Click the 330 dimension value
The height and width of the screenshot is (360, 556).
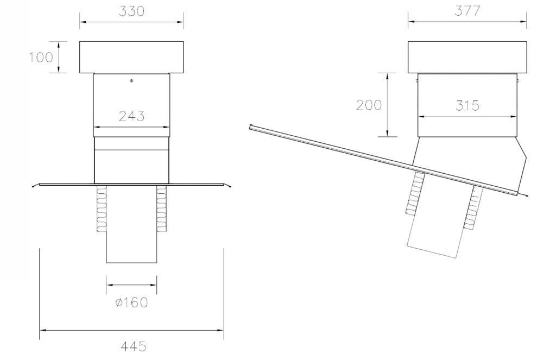point(131,11)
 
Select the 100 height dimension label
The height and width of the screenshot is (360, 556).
point(41,57)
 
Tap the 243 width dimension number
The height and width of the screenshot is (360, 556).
point(131,116)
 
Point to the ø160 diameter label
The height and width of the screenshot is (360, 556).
point(131,302)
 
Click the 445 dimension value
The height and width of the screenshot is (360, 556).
point(134,346)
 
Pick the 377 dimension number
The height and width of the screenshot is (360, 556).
point(467,11)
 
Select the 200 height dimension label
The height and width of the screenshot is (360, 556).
point(369,105)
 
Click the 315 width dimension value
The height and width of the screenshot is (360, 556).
point(467,106)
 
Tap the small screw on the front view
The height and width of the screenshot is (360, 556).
point(131,81)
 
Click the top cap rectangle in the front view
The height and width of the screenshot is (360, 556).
point(131,57)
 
